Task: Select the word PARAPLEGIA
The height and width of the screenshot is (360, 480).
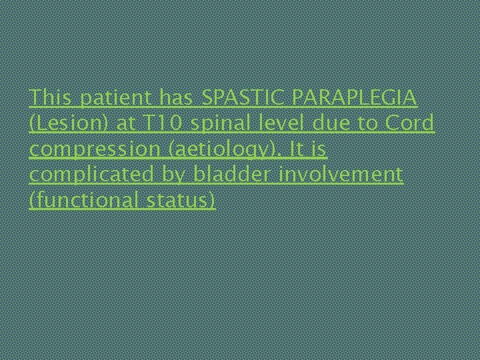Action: pos(351,98)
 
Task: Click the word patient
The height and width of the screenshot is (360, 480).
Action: pos(116,98)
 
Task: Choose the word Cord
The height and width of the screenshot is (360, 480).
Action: pos(411,124)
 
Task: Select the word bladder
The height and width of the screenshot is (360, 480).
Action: pos(227,175)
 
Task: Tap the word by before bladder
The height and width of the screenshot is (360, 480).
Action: pos(175,175)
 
